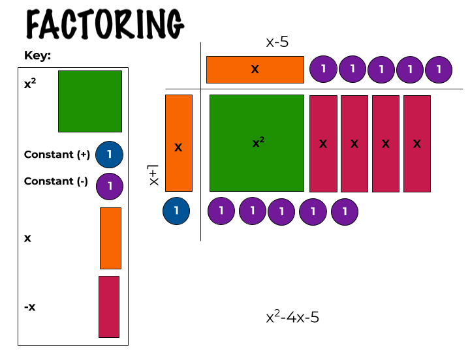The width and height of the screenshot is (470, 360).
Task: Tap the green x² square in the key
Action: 90,101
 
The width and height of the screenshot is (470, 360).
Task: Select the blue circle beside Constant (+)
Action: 109,155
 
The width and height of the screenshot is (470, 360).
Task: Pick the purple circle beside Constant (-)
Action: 110,186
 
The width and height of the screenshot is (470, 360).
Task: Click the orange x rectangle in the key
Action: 110,238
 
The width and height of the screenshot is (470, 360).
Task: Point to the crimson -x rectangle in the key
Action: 109,307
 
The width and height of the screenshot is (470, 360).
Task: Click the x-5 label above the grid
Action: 277,43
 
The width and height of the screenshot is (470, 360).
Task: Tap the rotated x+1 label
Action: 154,175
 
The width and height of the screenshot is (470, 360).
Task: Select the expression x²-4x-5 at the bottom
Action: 292,318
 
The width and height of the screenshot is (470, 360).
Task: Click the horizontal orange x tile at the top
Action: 255,70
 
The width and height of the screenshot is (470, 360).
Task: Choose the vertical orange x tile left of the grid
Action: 179,143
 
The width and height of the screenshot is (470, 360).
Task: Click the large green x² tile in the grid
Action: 257,143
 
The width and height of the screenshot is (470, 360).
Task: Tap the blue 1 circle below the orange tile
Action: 176,211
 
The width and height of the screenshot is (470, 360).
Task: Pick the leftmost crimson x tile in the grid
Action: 323,143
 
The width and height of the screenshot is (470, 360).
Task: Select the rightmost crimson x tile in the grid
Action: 417,143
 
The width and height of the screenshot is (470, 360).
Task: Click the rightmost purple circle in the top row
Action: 439,69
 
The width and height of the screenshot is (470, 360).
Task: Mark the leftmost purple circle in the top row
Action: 323,68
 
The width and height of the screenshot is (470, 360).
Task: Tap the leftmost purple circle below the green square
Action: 221,211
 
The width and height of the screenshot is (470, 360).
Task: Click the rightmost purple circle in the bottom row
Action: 345,211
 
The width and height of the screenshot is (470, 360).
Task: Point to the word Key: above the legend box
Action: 38,55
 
